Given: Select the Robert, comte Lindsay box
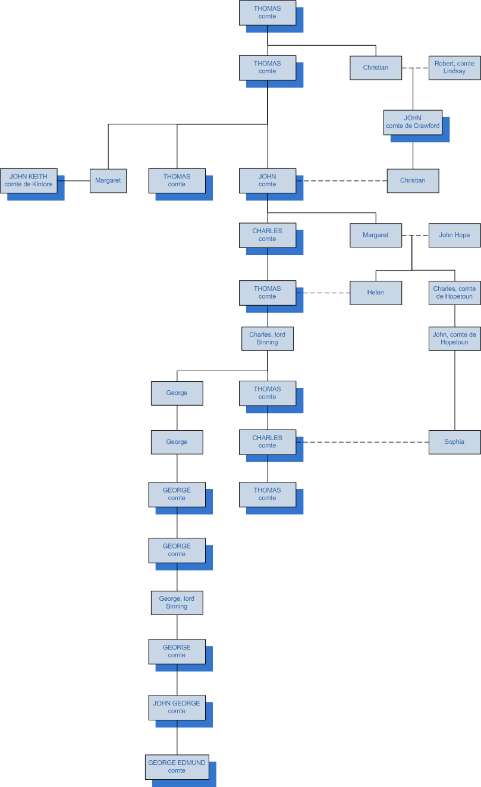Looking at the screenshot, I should (454, 67).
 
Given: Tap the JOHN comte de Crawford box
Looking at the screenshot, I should (413, 122).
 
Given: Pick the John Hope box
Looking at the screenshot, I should (454, 235).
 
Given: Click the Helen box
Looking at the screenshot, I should (376, 293).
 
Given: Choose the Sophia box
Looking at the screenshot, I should (454, 442).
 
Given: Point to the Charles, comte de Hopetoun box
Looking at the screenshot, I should (454, 293).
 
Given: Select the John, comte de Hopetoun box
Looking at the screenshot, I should (454, 338).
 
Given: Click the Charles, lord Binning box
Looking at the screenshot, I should (268, 338).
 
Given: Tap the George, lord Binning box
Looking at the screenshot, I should (177, 602).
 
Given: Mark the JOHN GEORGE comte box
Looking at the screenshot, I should (177, 707).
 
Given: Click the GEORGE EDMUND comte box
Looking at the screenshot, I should (177, 766).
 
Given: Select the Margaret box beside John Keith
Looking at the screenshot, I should (108, 180).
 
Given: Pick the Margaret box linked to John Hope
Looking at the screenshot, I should (376, 235).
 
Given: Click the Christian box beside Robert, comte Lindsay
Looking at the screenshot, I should (376, 67).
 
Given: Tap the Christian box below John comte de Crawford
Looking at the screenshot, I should (413, 180).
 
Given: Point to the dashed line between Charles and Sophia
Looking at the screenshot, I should (366, 442).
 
